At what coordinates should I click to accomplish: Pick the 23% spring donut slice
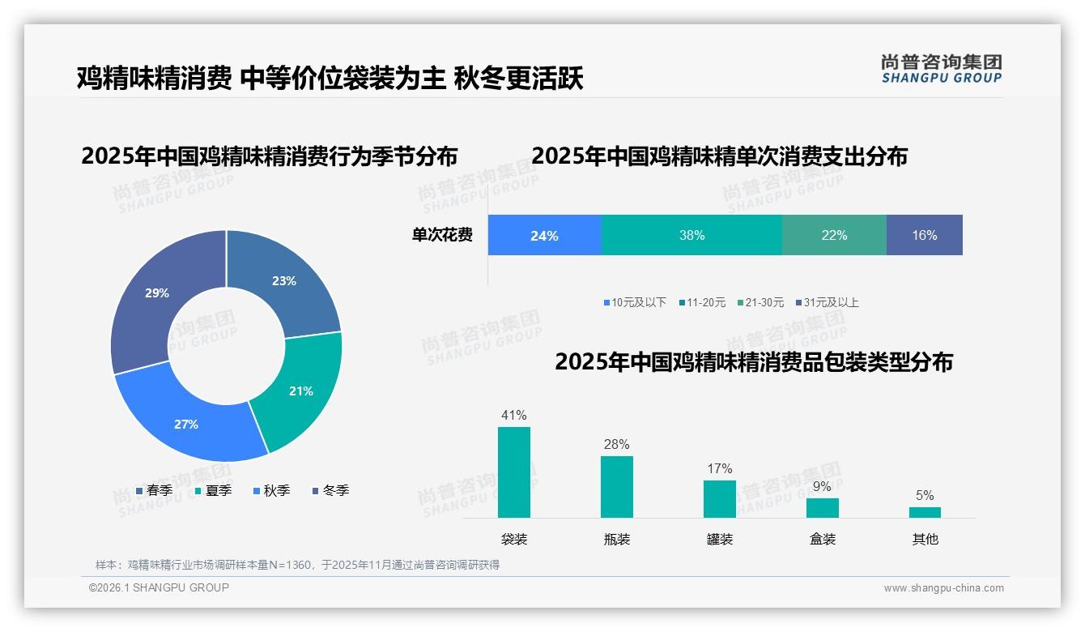coord(284,281)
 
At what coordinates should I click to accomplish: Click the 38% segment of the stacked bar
coord(691,235)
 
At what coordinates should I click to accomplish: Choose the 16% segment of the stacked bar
coord(924,235)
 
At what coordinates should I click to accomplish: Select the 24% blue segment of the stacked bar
coord(544,235)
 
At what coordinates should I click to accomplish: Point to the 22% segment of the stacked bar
coord(834,235)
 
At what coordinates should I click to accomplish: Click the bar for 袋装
coord(514,472)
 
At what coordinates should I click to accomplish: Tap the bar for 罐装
coord(719,499)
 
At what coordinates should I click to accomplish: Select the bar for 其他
coord(925,512)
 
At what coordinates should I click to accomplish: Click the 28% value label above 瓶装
coord(616,444)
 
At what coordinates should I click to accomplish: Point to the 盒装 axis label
coord(822,539)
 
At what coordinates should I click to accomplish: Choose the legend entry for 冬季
coord(330,490)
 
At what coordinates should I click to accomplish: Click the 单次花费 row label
coord(442,235)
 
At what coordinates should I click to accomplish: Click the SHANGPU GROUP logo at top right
coord(941,69)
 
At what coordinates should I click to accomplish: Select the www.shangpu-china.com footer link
coord(943,587)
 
